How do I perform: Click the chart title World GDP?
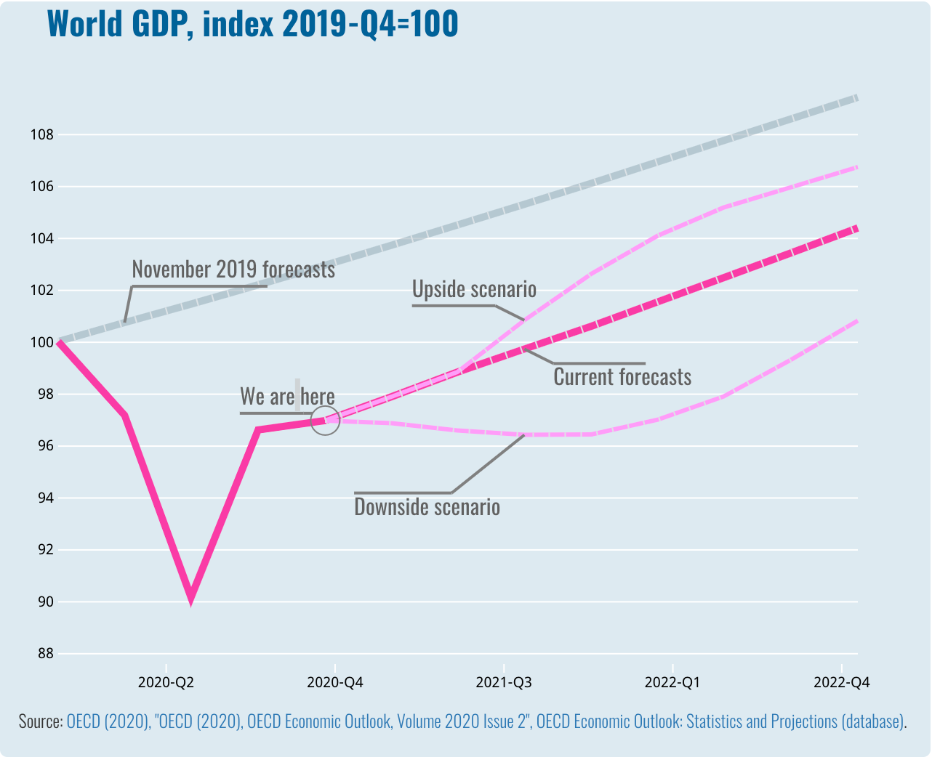point(252,24)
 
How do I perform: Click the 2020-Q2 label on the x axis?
point(166,682)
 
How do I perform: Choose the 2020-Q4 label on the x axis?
point(334,682)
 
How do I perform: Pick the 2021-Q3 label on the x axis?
point(503,682)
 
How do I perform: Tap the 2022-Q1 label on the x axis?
point(672,682)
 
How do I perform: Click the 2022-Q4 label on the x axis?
point(841,682)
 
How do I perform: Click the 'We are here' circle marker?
point(326,420)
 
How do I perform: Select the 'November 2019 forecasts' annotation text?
point(233,270)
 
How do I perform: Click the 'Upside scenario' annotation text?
point(474,289)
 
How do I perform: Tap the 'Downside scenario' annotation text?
point(427,506)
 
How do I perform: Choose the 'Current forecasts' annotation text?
point(622,377)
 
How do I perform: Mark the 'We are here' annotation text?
point(287,397)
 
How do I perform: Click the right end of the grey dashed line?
point(857,97)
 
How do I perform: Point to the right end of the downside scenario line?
point(857,320)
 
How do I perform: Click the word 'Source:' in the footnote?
point(41,721)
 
